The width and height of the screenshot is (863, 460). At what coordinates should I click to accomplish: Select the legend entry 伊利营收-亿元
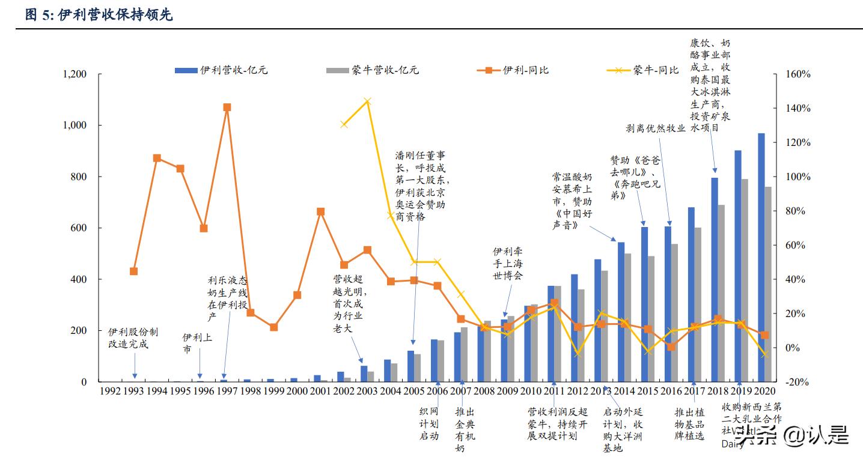[x=221, y=70]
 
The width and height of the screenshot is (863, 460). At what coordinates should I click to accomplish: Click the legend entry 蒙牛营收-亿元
[x=373, y=70]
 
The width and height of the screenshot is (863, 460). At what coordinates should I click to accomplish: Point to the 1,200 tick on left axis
[x=75, y=74]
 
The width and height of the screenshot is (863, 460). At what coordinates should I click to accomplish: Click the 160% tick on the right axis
[x=798, y=74]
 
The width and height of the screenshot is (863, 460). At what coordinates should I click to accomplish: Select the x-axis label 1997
[x=227, y=391]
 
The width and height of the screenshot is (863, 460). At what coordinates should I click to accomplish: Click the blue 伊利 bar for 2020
[x=761, y=258]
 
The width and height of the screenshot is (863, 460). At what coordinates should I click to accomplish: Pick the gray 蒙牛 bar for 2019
[x=745, y=280]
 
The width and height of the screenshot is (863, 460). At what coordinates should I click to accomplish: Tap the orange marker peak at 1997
[x=227, y=107]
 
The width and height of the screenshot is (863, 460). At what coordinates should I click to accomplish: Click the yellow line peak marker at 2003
[x=368, y=101]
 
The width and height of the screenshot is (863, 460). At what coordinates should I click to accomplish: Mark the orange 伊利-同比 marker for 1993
[x=134, y=271]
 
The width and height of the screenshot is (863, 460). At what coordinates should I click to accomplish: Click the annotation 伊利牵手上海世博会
[x=508, y=263]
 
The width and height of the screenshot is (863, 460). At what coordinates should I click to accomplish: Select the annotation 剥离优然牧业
[x=655, y=128]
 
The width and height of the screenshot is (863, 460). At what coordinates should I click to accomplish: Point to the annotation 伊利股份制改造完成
[x=133, y=337]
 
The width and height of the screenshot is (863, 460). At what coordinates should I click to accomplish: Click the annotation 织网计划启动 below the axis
[x=428, y=423]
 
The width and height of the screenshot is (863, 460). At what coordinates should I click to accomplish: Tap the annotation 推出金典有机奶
[x=465, y=429]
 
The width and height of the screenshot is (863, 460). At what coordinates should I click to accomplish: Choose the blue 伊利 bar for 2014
[x=621, y=312]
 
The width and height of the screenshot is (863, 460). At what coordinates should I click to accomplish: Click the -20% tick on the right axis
[x=798, y=382]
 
